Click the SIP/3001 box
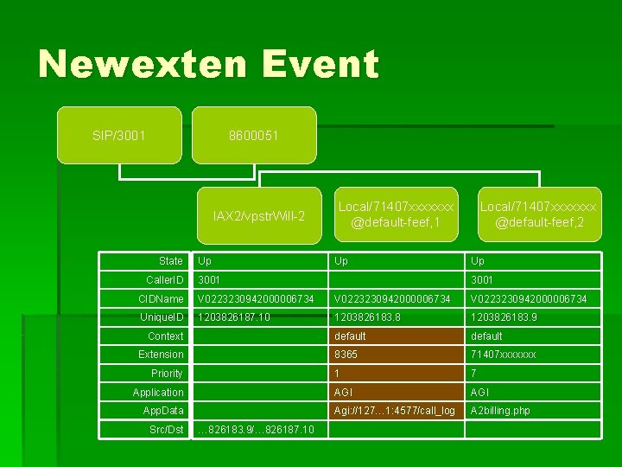pyautogui.click(x=119, y=136)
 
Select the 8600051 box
pyautogui.click(x=254, y=136)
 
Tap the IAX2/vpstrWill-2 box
pyautogui.click(x=259, y=215)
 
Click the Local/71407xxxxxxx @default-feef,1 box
pyautogui.click(x=396, y=215)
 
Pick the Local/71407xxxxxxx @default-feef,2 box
pyautogui.click(x=537, y=215)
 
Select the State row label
pyautogui.click(x=171, y=261)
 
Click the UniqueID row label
pyautogui.click(x=164, y=317)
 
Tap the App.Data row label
pyautogui.click(x=163, y=411)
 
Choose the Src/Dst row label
pyautogui.click(x=166, y=430)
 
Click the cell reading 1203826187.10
pyautogui.click(x=234, y=317)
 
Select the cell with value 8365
pyautogui.click(x=346, y=355)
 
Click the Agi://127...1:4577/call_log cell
pyautogui.click(x=395, y=411)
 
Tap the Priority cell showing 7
pyautogui.click(x=473, y=374)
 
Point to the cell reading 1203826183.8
pyautogui.click(x=368, y=317)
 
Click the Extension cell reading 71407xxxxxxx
pyautogui.click(x=503, y=355)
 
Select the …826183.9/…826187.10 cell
pyautogui.click(x=257, y=430)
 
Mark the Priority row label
pyautogui.click(x=167, y=374)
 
